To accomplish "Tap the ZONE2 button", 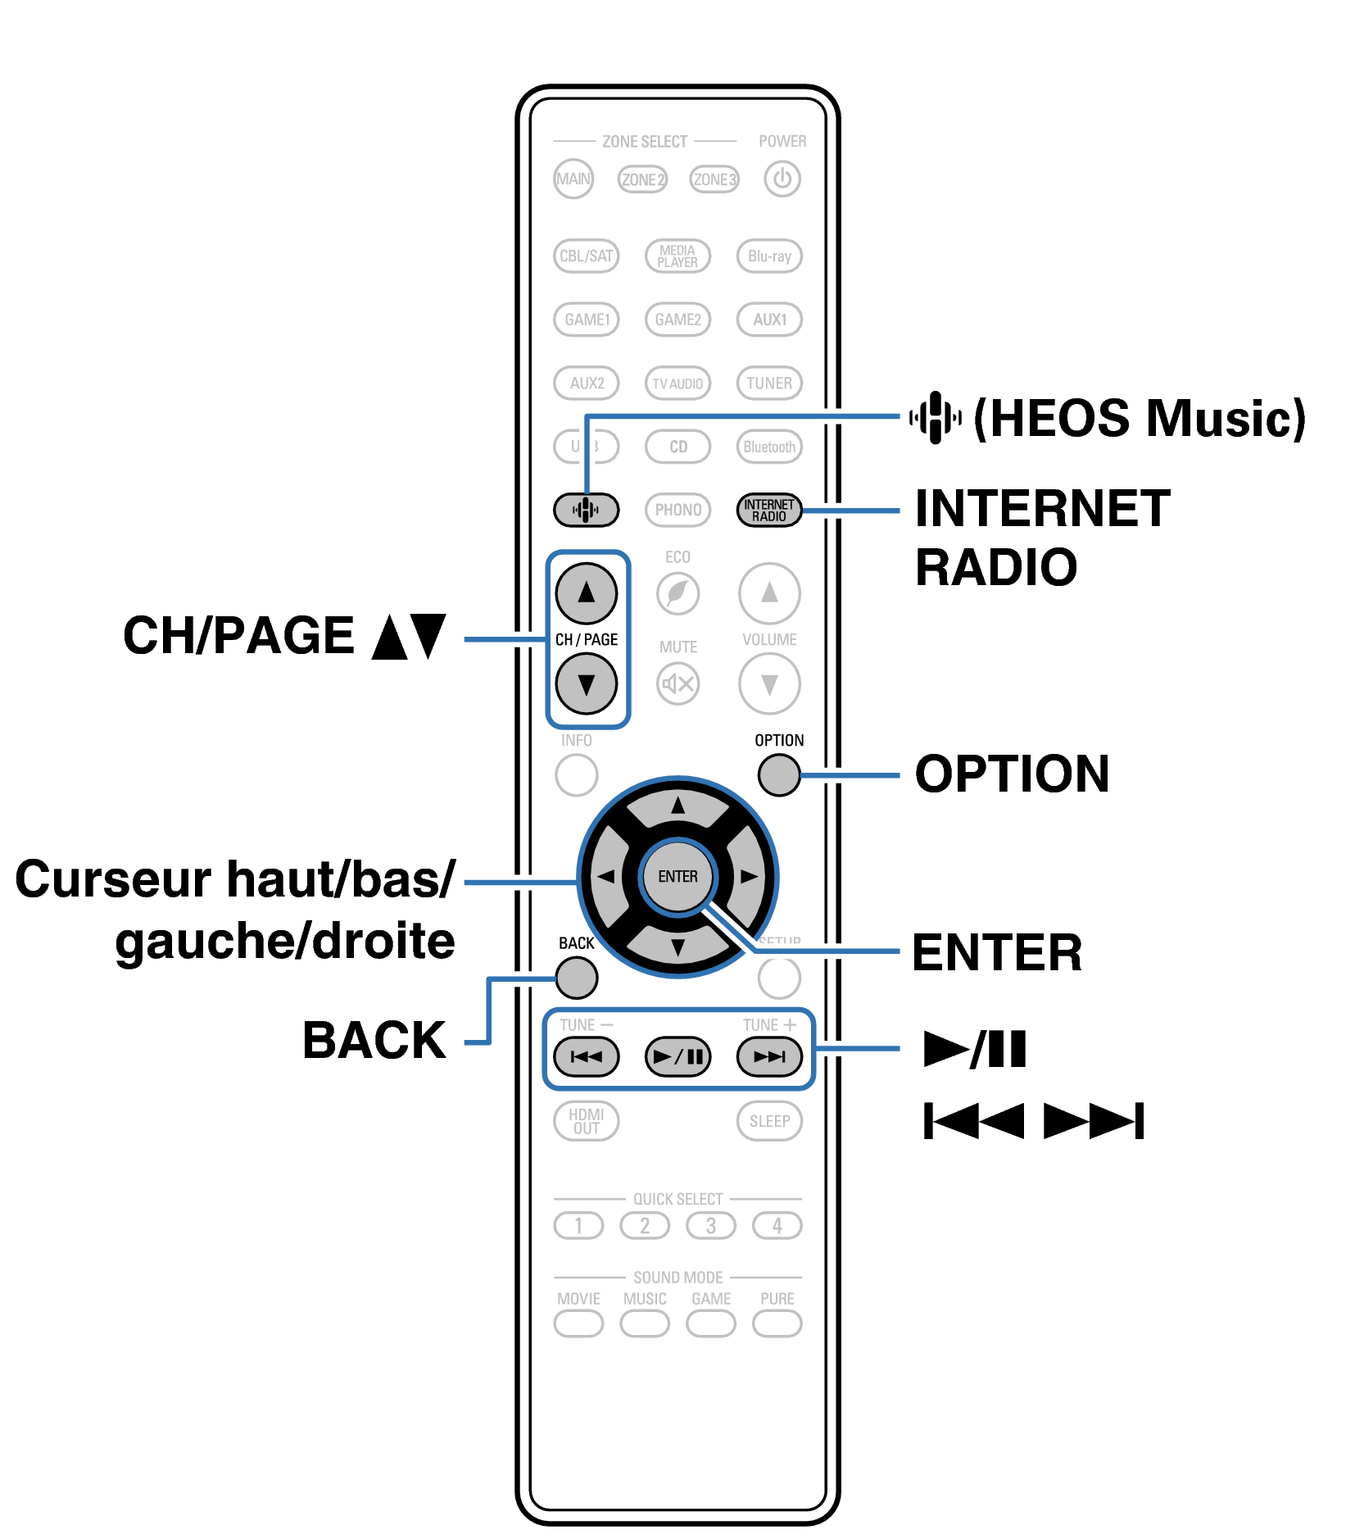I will (x=642, y=179).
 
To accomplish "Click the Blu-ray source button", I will (x=768, y=256).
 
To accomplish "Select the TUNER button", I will (x=768, y=383).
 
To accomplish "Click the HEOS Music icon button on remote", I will (x=586, y=510).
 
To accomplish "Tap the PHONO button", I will (x=677, y=510).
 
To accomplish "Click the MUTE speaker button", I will (x=677, y=683).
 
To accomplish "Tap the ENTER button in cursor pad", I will (x=677, y=876).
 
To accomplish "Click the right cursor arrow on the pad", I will (x=749, y=876).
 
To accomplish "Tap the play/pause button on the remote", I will (x=677, y=1056).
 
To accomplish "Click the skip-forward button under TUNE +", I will (x=768, y=1056).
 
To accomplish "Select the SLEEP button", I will (x=768, y=1120).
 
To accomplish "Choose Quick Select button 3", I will (x=710, y=1225).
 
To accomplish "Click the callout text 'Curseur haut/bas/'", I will (x=235, y=879).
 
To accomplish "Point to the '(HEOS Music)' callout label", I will (x=1139, y=418).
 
